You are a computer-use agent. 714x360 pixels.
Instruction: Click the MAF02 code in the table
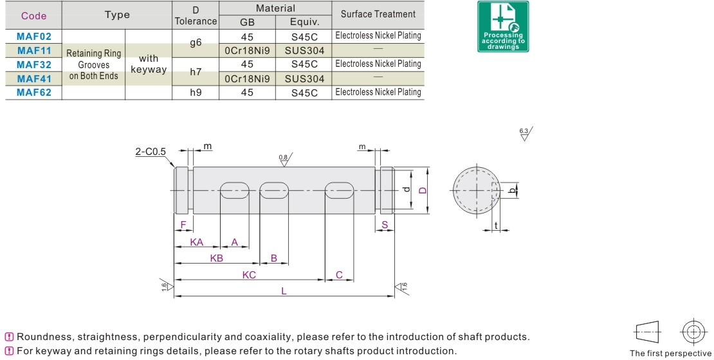(34, 37)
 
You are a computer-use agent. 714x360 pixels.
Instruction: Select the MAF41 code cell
(34, 78)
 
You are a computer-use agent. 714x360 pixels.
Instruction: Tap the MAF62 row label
(34, 93)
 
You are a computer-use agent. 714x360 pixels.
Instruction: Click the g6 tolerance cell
(196, 43)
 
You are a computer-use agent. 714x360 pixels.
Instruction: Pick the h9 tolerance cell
(196, 93)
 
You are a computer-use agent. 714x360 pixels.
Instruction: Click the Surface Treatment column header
(378, 14)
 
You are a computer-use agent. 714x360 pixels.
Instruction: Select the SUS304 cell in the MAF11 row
(304, 51)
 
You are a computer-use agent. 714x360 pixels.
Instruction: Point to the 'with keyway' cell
(149, 64)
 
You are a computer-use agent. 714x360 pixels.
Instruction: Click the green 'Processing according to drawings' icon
(503, 26)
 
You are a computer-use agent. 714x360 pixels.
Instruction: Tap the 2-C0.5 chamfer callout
(151, 152)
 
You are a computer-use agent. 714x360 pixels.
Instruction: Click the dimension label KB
(217, 258)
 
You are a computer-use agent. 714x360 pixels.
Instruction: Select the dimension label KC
(249, 275)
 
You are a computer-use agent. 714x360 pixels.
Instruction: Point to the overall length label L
(284, 291)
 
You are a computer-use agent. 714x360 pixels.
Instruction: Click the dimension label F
(183, 224)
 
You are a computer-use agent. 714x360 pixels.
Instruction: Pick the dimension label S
(385, 224)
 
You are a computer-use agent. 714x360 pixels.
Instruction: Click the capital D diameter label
(422, 190)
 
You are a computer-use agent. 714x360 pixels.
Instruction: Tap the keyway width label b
(511, 190)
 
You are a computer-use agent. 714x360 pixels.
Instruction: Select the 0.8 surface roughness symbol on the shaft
(284, 159)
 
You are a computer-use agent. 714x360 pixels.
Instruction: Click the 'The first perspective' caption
(670, 353)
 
